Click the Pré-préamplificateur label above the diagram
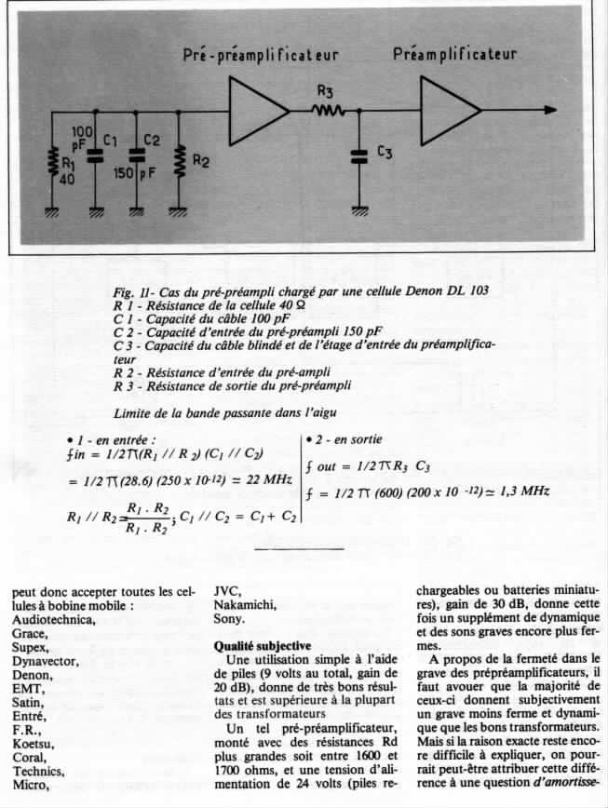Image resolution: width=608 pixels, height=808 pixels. click(260, 55)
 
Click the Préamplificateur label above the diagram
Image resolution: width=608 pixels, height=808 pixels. click(454, 53)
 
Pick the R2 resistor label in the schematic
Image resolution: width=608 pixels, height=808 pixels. click(201, 160)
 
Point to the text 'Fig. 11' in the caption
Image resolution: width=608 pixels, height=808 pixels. click(130, 291)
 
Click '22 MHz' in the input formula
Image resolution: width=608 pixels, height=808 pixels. click(272, 478)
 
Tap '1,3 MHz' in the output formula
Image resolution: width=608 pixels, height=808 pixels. click(523, 492)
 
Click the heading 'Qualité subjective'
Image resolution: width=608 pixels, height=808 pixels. click(263, 645)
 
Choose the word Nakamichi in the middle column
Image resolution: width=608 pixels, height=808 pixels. click(245, 603)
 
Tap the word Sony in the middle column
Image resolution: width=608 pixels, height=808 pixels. click(228, 618)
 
